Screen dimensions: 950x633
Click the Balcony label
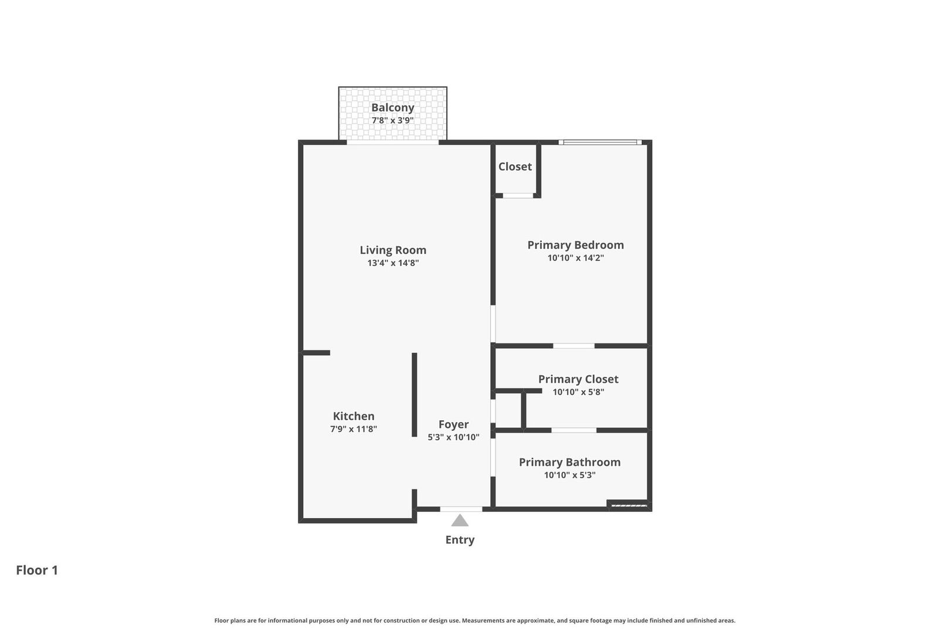coord(392,108)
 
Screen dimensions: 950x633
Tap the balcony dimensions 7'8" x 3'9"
coord(392,120)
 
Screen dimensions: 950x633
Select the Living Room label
coord(393,250)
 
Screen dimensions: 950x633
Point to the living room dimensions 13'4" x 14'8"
coord(393,263)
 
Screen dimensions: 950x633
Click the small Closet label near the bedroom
coord(515,166)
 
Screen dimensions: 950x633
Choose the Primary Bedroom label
coord(575,245)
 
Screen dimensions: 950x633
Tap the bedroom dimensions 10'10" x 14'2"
coord(575,258)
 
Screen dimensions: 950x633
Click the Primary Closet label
coord(578,379)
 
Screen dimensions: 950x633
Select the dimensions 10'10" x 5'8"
coord(578,392)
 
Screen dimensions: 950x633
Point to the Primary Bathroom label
coord(569,462)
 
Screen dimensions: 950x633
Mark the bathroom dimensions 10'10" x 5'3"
coord(569,475)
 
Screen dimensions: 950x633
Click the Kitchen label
coord(353,416)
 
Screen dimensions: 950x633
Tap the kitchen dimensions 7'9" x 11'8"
coord(353,428)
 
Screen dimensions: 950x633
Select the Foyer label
coord(453,424)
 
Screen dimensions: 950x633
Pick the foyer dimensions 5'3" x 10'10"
coord(453,437)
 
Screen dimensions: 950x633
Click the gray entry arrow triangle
coord(460,521)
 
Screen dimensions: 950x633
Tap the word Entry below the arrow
coord(460,540)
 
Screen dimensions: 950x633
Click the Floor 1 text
coord(37,570)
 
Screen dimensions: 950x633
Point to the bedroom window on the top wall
coord(600,142)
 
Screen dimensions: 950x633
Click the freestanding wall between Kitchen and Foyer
coord(415,394)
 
